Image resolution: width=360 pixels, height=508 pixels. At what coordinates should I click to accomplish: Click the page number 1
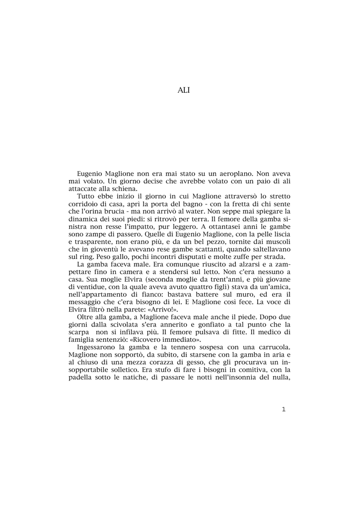284,409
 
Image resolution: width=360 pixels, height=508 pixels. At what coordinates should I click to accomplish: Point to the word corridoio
84,204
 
